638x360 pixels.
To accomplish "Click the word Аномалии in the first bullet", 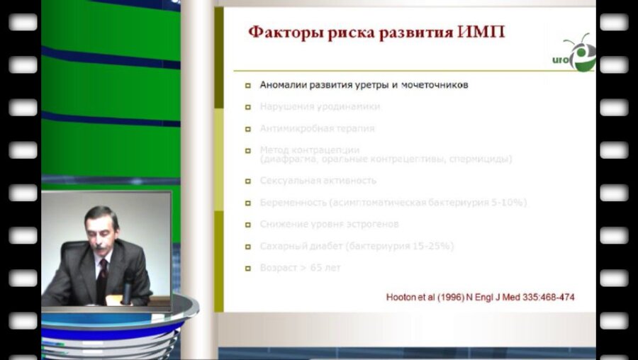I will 284,85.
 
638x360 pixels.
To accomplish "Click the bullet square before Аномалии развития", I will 248,85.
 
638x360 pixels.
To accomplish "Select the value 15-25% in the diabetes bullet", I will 430,247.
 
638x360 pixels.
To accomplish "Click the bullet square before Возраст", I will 248,269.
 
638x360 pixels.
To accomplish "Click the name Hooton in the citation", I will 402,298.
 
